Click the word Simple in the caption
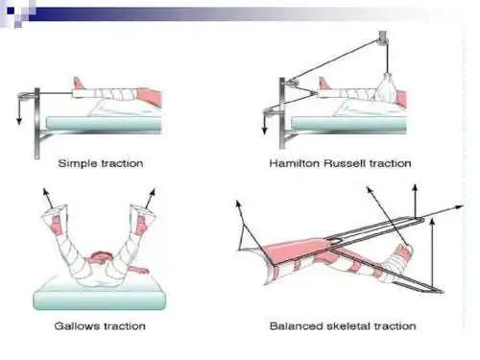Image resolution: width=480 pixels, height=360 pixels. pos(78,163)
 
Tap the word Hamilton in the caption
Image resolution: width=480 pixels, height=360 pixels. pos(295,163)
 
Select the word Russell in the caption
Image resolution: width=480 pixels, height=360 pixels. pos(345,163)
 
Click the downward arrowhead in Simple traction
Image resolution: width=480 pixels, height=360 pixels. pos(19,121)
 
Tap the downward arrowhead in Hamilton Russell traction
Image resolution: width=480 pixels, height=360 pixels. pos(264,131)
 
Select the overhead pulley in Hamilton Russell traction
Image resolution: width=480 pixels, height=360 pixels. pos(383,37)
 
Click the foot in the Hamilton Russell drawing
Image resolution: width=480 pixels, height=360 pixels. pos(324,84)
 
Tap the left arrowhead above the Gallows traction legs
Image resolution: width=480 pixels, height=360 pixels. pos(46,192)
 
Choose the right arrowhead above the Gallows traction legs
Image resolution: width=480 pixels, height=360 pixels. pos(153,192)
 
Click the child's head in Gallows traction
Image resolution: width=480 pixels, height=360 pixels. pos(102,257)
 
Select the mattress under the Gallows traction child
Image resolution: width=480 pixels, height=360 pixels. pos(100,295)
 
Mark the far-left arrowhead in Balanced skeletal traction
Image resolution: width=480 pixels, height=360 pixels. pos(238,204)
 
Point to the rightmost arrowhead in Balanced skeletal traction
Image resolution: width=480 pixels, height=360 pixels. pos(459,207)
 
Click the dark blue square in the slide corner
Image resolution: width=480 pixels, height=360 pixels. pos(11,12)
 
